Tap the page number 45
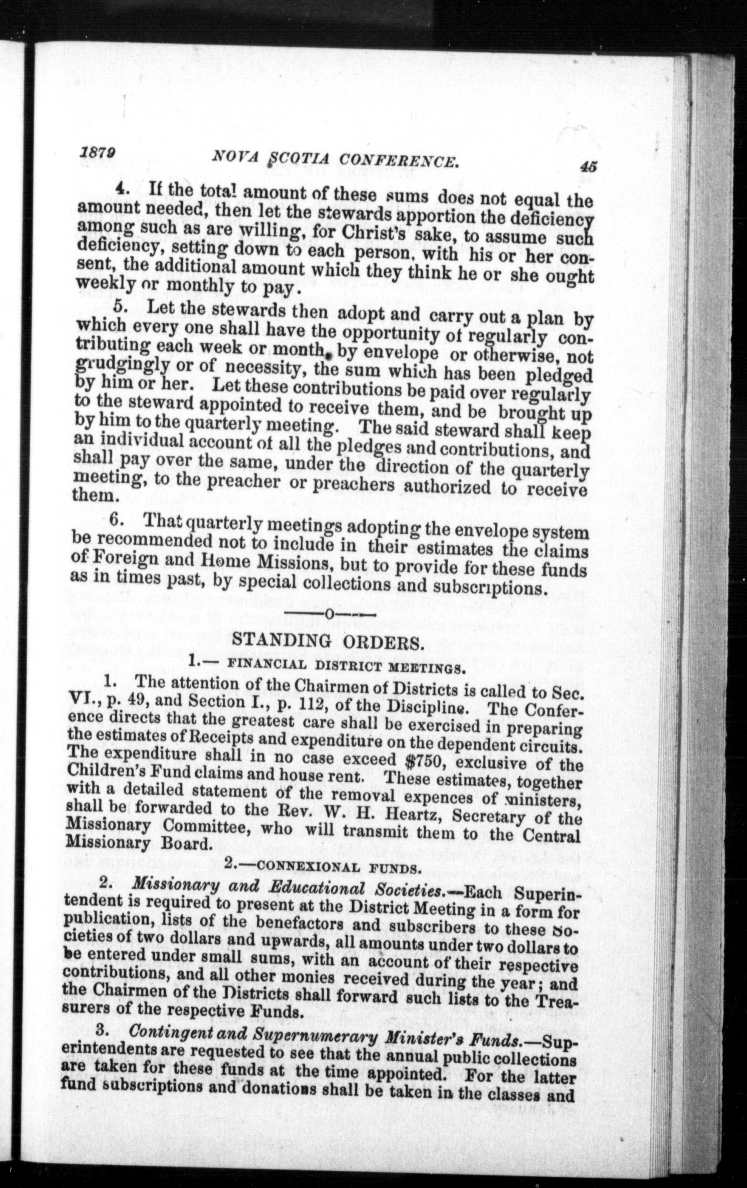(588, 166)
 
